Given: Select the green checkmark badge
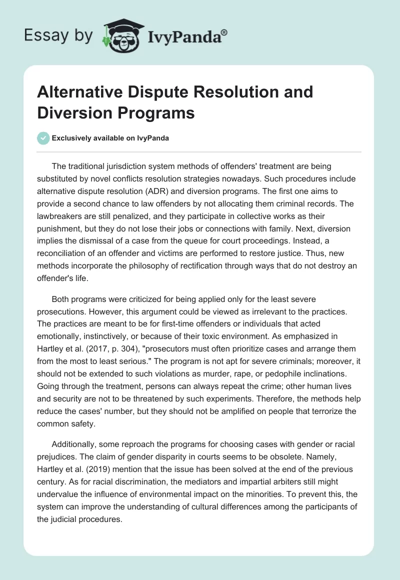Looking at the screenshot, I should pyautogui.click(x=43, y=138).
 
